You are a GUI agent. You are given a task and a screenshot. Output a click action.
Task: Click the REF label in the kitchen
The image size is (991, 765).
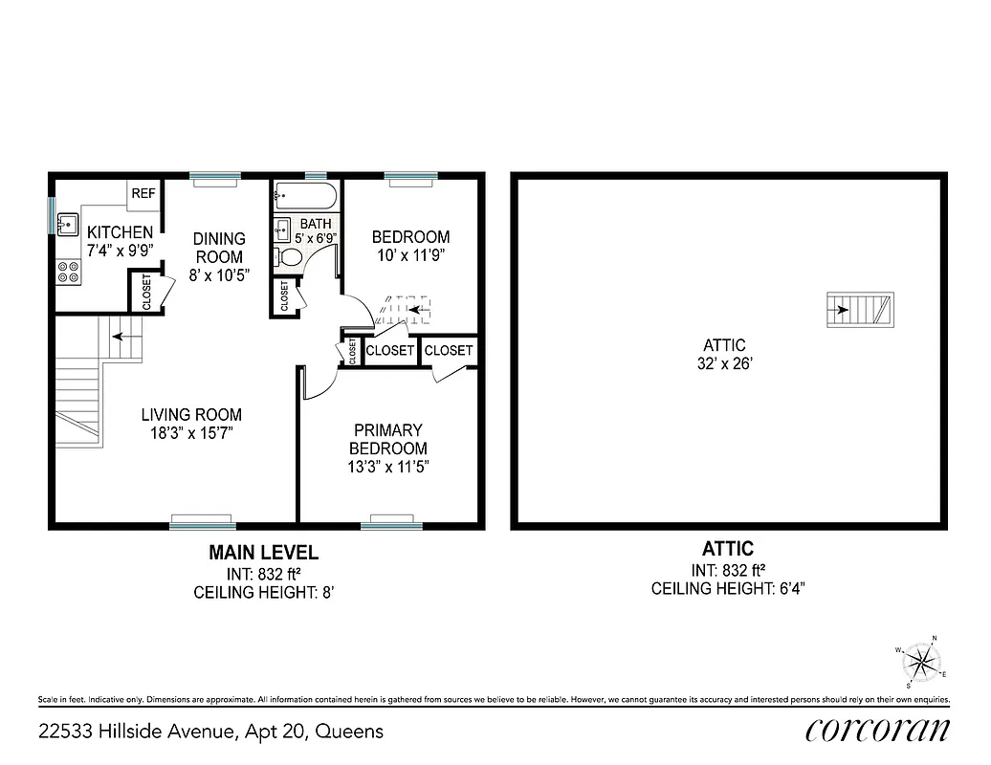click(143, 193)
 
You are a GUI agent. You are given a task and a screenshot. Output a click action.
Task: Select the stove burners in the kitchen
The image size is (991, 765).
click(68, 272)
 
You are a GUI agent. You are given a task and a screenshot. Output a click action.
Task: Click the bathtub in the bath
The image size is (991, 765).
click(305, 198)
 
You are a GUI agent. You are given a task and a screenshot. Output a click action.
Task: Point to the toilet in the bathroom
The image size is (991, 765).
click(289, 256)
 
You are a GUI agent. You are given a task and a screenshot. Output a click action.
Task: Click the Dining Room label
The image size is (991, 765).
click(219, 248)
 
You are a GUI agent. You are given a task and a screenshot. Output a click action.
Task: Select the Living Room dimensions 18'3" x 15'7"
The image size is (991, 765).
click(191, 433)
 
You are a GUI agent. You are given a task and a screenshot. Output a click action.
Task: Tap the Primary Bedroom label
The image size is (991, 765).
click(387, 440)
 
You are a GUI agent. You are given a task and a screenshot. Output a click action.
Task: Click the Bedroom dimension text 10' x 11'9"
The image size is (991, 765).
click(410, 255)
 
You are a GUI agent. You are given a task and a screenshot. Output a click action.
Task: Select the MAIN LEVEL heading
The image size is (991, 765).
click(264, 553)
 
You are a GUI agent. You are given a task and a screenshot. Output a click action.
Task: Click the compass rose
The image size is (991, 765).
click(921, 662)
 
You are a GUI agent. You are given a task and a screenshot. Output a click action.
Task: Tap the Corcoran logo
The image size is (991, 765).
click(877, 731)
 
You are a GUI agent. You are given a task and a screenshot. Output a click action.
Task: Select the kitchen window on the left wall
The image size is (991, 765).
click(52, 215)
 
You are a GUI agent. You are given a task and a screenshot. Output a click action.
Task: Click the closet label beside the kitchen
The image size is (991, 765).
click(146, 292)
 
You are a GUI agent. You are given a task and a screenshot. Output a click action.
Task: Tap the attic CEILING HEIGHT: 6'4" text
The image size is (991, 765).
click(728, 588)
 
